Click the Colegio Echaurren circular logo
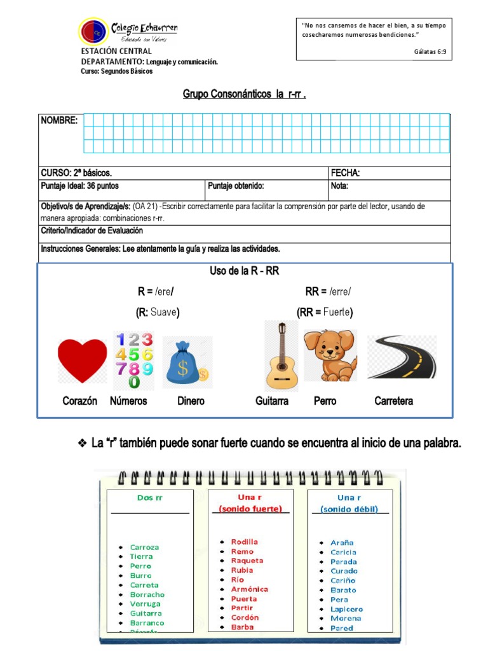tap(93, 31)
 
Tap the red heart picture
tap(83, 360)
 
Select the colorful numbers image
tap(134, 360)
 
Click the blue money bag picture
tap(186, 362)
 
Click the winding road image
tap(402, 357)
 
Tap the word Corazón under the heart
tap(80, 401)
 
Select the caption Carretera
tap(394, 401)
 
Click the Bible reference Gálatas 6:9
tap(430, 51)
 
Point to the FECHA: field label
tap(346, 173)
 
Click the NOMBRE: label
tap(60, 120)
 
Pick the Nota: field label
tap(339, 186)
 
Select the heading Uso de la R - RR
tap(245, 271)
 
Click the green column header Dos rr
tap(150, 498)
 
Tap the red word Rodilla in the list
tap(245, 542)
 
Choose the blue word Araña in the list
tap(342, 543)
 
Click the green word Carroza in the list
tap(144, 547)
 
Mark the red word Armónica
tap(250, 589)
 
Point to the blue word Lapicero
tap(347, 609)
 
